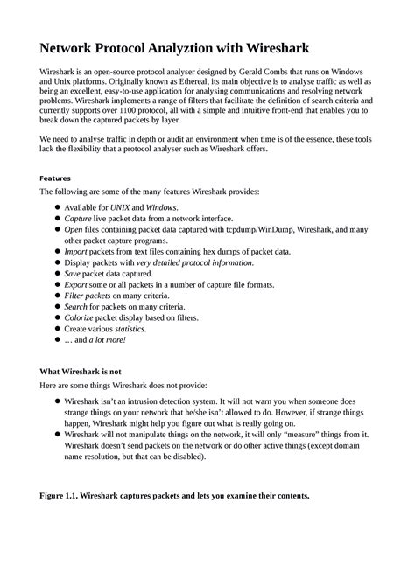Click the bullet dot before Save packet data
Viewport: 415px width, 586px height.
[x=57, y=274]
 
